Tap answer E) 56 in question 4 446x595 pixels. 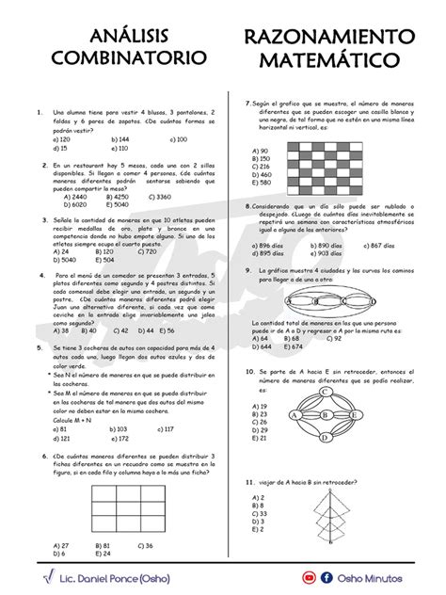(x=167, y=330)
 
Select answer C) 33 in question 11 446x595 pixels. (x=261, y=513)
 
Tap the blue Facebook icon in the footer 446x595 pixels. (x=326, y=576)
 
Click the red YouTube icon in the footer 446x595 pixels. (x=309, y=576)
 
